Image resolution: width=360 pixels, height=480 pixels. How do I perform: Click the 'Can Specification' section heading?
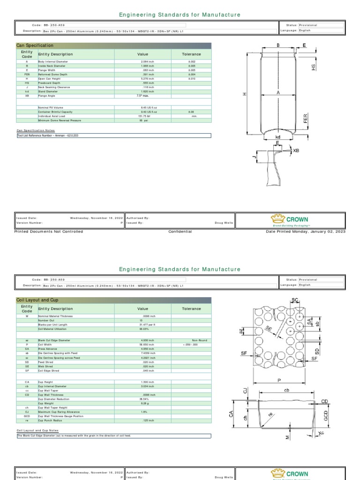click(x=35, y=45)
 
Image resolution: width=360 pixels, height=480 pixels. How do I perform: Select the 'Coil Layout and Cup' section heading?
click(x=38, y=300)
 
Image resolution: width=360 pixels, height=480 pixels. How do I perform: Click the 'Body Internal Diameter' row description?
click(x=51, y=61)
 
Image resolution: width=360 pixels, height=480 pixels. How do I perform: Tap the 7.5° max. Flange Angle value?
click(x=142, y=95)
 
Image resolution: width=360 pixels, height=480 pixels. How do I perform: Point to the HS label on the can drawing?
click(x=314, y=67)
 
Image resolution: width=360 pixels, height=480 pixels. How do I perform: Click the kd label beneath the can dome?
click(x=278, y=137)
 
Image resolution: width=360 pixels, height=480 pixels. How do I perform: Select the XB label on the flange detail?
click(x=296, y=150)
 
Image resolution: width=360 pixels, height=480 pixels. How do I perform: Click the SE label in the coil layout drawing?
click(x=269, y=330)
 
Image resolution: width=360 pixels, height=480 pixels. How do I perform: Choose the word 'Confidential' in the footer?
click(x=180, y=232)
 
